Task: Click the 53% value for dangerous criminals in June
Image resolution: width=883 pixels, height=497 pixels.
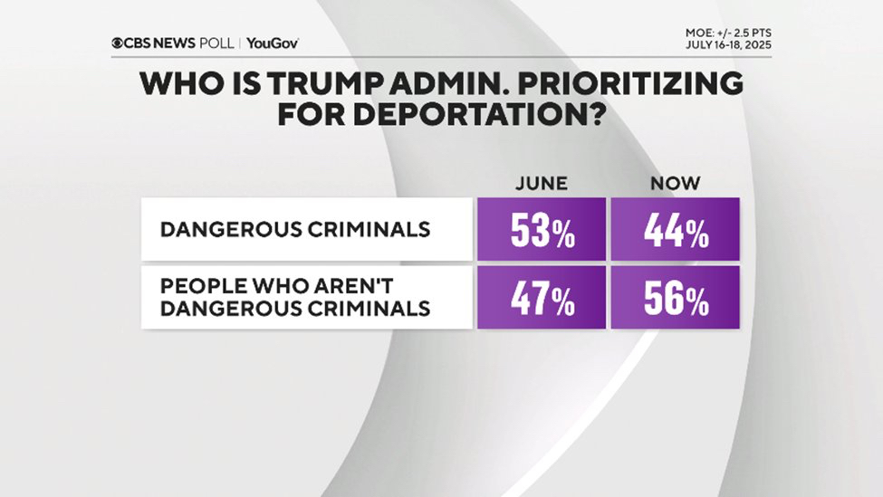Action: pyautogui.click(x=542, y=232)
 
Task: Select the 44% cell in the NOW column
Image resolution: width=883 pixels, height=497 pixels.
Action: pyautogui.click(x=675, y=232)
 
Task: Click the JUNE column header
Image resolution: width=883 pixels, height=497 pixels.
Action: pyautogui.click(x=542, y=183)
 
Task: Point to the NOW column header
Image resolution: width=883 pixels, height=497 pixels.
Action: pyautogui.click(x=675, y=183)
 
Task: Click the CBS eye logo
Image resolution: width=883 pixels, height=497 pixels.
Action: pyautogui.click(x=118, y=43)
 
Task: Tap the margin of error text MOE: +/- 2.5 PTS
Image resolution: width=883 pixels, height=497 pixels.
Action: pyautogui.click(x=728, y=33)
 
